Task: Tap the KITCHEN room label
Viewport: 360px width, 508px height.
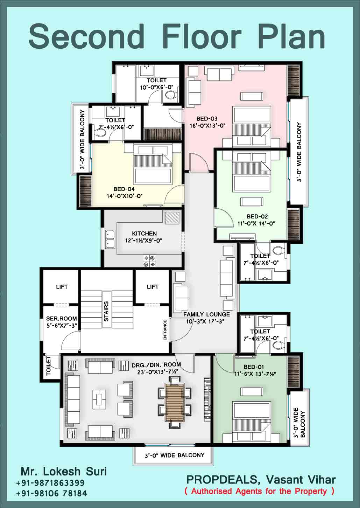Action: pos(144,234)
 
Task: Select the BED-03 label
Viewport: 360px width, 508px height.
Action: pos(207,119)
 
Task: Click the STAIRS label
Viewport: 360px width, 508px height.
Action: pos(106,311)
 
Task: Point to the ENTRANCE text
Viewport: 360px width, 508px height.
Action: pos(165,330)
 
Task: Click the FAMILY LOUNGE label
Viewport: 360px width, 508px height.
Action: pos(206,314)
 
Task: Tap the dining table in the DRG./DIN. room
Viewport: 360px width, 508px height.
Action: pos(174,402)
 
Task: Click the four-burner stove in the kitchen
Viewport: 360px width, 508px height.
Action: pos(149,261)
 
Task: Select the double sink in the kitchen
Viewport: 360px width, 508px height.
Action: pos(110,240)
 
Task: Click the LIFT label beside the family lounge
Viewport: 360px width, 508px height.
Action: pos(153,287)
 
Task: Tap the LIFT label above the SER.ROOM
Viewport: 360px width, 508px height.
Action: pos(62,287)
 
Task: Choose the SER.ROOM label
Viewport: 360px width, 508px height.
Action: pos(61,319)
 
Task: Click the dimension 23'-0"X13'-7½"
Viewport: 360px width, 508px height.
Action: pos(157,372)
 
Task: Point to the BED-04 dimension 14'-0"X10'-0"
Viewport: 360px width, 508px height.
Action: pos(125,196)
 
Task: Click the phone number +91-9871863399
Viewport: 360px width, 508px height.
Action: pos(50,483)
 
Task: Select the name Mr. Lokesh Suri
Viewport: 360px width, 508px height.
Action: pos(64,471)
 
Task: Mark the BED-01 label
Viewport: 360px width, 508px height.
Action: pos(254,367)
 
